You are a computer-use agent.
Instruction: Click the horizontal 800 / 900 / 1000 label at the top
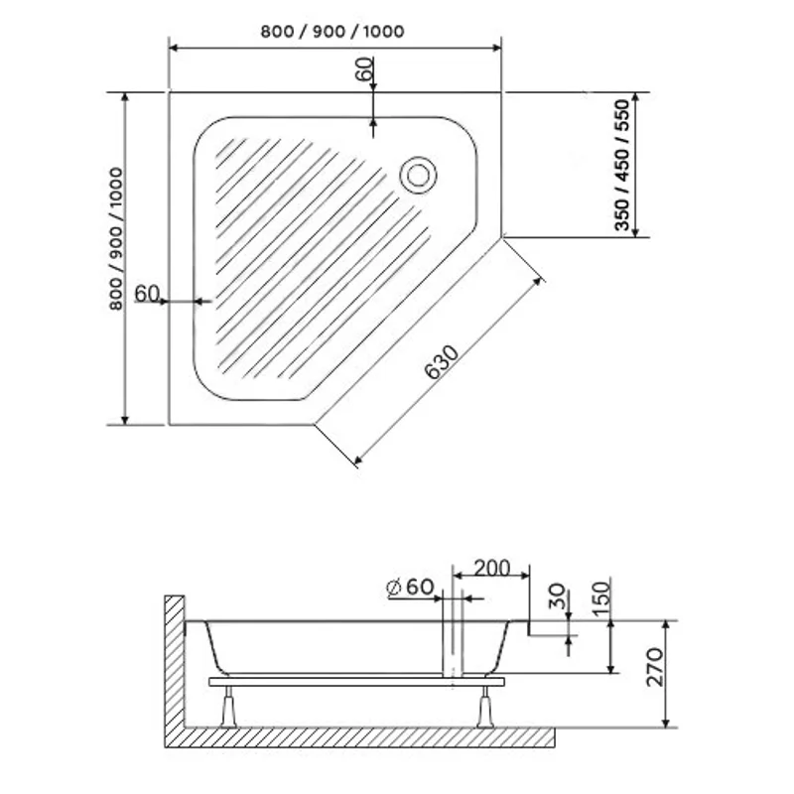coord(332,31)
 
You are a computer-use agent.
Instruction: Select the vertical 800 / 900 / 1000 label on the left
coord(116,239)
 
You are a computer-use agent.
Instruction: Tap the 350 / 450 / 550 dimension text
coord(622,165)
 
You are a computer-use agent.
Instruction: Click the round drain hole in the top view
coord(417,175)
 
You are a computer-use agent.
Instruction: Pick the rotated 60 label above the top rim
coord(364,69)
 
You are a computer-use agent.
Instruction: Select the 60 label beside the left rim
coord(146,293)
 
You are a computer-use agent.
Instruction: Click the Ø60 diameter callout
coord(411,587)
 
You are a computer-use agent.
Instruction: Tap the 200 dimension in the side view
coord(491,568)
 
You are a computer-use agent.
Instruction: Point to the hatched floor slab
coord(367,736)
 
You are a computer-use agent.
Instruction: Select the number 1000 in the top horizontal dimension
coord(383,31)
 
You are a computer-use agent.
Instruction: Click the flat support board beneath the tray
coord(357,682)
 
